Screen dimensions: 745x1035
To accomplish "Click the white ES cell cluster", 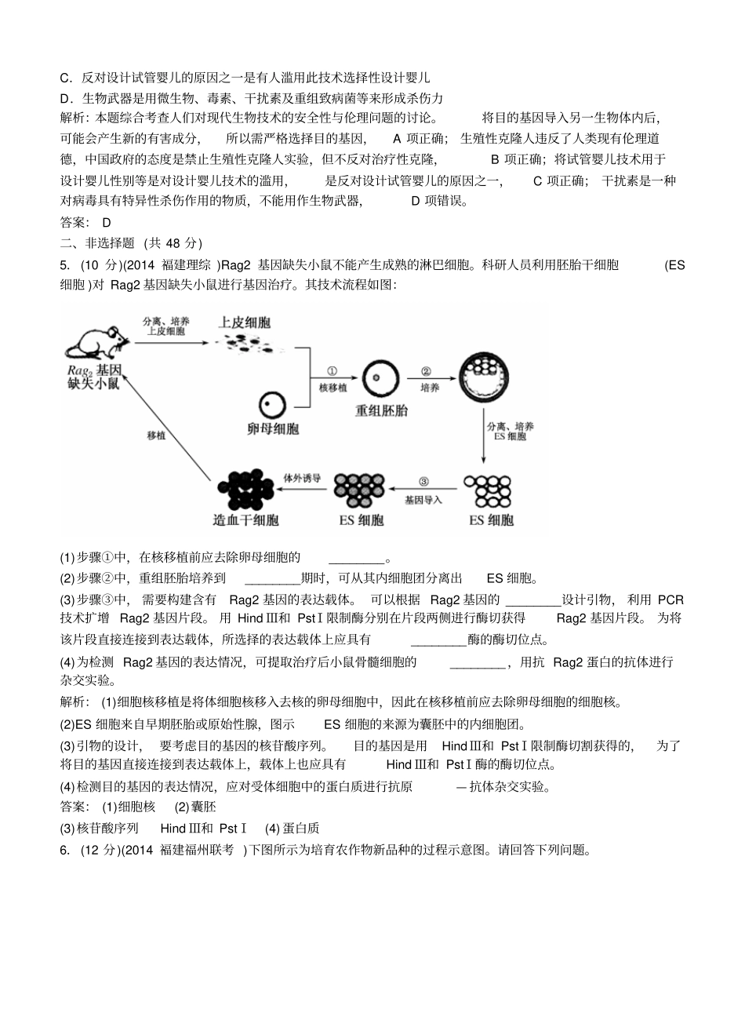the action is click(x=488, y=491).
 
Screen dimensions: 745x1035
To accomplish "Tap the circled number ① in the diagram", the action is click(x=332, y=372).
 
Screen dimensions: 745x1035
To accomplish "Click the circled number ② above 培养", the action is click(x=427, y=372).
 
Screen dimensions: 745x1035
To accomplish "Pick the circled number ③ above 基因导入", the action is click(x=423, y=483).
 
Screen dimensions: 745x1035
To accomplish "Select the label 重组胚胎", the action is click(x=381, y=410).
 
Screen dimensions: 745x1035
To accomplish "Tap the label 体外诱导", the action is click(x=302, y=477).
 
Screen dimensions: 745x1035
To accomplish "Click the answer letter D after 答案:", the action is click(x=107, y=222).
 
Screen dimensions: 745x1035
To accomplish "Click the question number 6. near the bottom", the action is click(x=64, y=850).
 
